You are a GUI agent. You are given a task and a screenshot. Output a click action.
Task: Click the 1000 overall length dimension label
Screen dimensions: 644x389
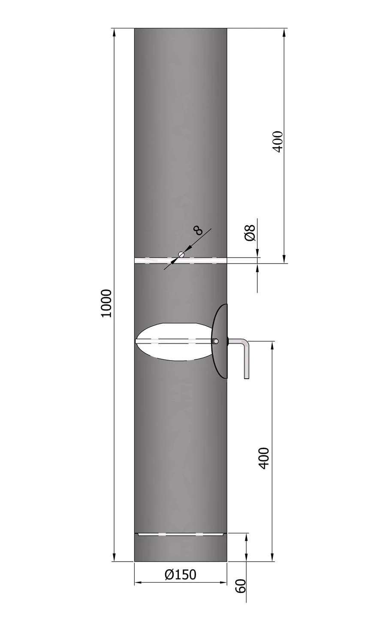[106, 303]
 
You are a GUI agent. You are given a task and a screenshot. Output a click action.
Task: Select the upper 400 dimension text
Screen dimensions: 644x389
[278, 141]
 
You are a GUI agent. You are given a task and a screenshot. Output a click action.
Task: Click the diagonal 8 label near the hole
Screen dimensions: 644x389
[199, 231]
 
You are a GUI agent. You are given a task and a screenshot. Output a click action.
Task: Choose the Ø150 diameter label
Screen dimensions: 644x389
[180, 574]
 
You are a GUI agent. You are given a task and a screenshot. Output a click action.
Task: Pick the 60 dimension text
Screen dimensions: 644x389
[241, 586]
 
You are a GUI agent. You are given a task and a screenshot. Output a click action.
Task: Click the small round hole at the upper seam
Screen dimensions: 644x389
[181, 254]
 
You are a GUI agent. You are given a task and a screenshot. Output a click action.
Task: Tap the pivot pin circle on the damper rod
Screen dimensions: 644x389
[216, 341]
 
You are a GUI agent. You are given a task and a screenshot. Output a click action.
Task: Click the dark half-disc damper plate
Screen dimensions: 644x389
[220, 341]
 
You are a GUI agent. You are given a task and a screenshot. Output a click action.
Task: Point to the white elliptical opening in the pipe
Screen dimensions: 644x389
[172, 341]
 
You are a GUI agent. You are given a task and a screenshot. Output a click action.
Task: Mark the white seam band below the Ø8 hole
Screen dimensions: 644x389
[180, 261]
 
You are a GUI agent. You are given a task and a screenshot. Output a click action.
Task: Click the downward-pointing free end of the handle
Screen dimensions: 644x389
[246, 377]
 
